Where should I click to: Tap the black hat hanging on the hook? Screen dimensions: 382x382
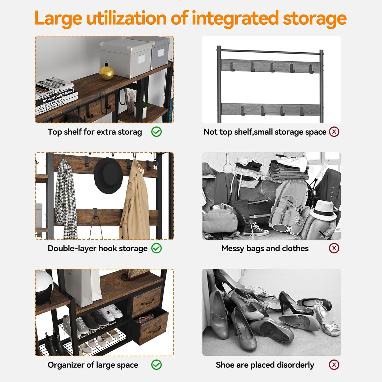108,175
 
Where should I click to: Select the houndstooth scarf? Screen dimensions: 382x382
66,199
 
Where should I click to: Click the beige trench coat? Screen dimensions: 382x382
134,200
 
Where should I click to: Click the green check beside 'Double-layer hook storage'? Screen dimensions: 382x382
157,248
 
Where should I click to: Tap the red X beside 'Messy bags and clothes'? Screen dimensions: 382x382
334,248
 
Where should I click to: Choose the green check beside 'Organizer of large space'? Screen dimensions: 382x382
157,365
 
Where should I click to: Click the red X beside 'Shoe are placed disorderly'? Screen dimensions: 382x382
334,365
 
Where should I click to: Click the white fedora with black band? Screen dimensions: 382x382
323,210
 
